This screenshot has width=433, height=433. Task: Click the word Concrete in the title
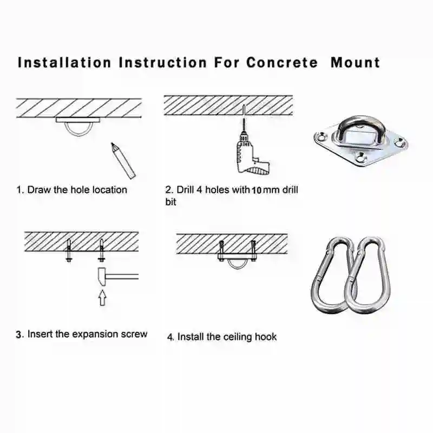click(282, 62)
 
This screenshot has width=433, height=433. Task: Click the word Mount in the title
click(355, 62)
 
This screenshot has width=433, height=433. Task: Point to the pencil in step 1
click(123, 160)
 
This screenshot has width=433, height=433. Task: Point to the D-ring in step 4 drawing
click(236, 264)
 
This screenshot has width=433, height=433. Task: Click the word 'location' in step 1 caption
click(110, 190)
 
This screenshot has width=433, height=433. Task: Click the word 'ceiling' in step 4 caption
click(241, 337)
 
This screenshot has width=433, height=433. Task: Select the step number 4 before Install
click(170, 337)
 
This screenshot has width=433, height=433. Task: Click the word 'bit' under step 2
click(171, 202)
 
